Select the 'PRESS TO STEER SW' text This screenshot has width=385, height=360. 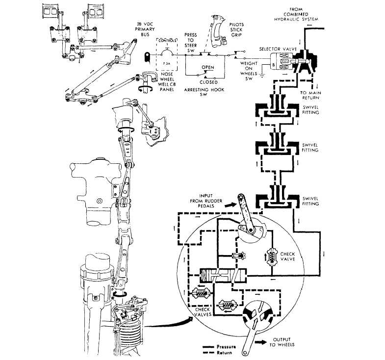[190, 43]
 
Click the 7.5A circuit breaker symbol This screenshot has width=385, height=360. [167, 54]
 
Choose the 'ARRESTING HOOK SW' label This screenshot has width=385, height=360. [204, 92]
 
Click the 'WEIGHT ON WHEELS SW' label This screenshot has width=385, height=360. [249, 71]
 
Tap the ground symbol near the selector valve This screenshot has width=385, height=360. [262, 75]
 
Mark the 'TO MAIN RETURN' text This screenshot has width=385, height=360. [310, 95]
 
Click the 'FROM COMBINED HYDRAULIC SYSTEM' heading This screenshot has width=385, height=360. [296, 14]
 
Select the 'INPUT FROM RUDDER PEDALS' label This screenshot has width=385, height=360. [206, 201]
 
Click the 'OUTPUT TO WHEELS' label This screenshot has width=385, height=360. [282, 342]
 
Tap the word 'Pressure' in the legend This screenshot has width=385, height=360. [226, 347]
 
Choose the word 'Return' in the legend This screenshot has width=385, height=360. [224, 353]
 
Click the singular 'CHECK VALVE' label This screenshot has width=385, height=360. [287, 257]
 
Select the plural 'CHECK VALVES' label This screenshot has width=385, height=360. [203, 312]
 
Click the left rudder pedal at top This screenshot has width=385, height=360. [51, 12]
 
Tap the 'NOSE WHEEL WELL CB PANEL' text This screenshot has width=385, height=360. [167, 82]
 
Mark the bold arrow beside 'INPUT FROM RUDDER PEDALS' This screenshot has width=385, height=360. [229, 205]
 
